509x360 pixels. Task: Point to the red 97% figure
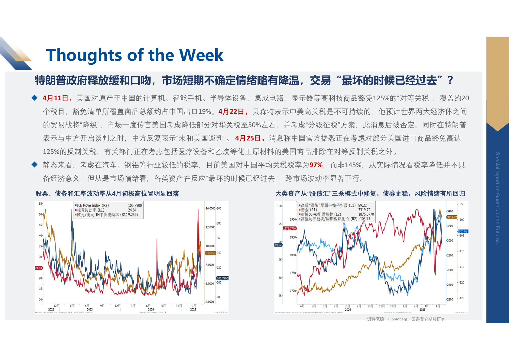[316, 165]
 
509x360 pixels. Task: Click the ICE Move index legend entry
[93, 206]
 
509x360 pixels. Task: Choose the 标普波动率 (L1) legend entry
[91, 210]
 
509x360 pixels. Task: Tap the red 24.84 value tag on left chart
[39, 268]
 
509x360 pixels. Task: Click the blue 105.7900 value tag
[222, 278]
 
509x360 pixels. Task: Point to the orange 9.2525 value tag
[210, 253]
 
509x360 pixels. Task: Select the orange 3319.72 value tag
[452, 217]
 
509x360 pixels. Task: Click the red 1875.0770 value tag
[289, 229]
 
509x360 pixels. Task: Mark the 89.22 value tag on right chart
[278, 245]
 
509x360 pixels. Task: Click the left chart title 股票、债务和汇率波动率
[107, 194]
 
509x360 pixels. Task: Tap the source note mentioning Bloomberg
[406, 319]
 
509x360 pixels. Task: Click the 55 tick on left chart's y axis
[41, 204]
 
